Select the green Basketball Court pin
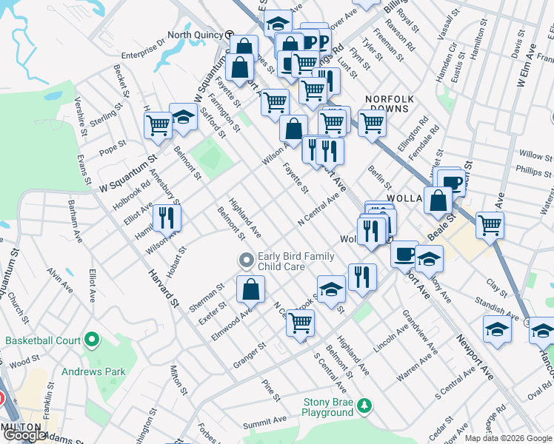point(92,340)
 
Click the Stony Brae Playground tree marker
point(364,406)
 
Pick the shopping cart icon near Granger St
point(300,323)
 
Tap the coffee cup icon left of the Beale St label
point(404,254)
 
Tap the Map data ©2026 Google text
point(507,438)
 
